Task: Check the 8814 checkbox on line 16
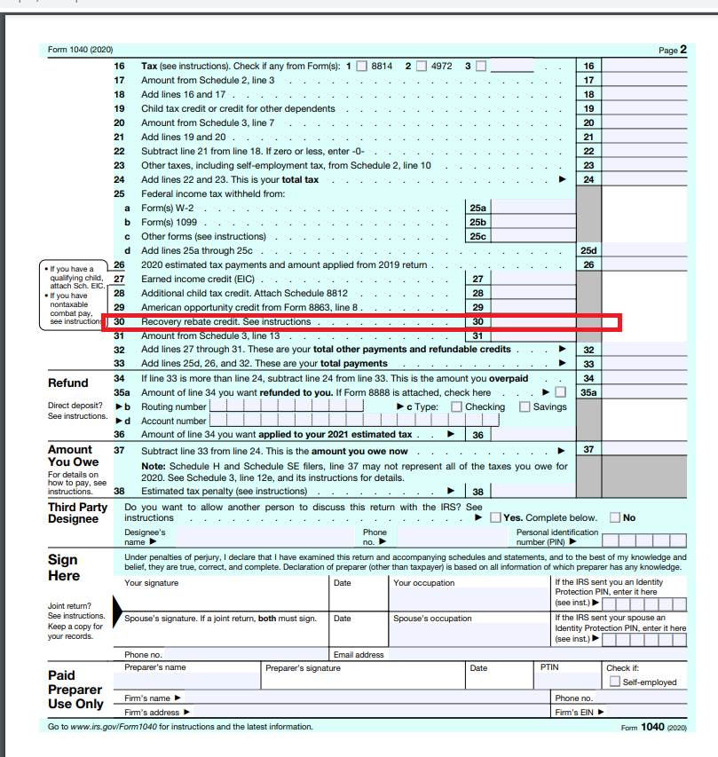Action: pyautogui.click(x=360, y=66)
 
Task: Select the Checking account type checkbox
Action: pyautogui.click(x=456, y=406)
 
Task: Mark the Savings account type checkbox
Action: pyautogui.click(x=525, y=406)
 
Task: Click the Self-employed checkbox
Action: pyautogui.click(x=614, y=682)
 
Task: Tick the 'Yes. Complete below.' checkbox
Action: pyautogui.click(x=495, y=517)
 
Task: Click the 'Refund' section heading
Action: pyautogui.click(x=68, y=382)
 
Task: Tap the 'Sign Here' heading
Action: pyautogui.click(x=63, y=568)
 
